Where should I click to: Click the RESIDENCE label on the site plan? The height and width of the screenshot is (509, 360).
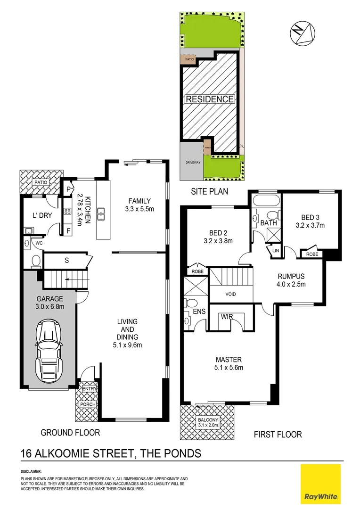tap(210, 99)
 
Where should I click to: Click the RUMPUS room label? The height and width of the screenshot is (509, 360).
tap(291, 280)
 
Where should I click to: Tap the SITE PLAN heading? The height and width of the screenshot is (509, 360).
tap(209, 191)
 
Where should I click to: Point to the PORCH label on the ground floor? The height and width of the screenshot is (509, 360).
tap(88, 404)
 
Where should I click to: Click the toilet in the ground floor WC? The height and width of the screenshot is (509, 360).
tap(35, 261)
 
